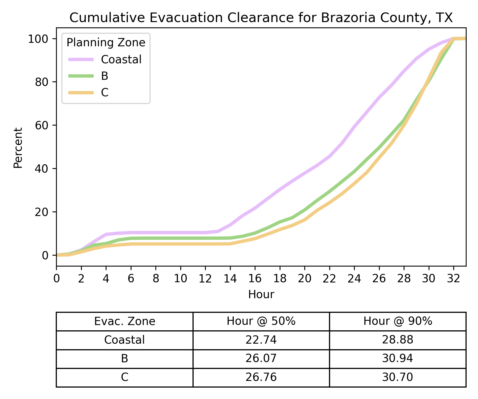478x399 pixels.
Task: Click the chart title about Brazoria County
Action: pyautogui.click(x=261, y=18)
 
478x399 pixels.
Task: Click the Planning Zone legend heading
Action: pyautogui.click(x=106, y=43)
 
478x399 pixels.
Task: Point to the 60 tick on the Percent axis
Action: pyautogui.click(x=42, y=125)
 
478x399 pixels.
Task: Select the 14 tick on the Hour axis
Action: pyautogui.click(x=230, y=279)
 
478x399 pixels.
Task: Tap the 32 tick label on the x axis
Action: pyautogui.click(x=454, y=279)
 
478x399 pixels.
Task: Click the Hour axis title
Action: pyautogui.click(x=261, y=295)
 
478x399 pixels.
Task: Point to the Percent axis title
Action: pyautogui.click(x=18, y=148)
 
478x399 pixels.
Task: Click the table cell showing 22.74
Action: pyautogui.click(x=261, y=340)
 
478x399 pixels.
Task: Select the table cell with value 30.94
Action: pyautogui.click(x=398, y=359)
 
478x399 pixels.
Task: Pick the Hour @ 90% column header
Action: pyautogui.click(x=398, y=321)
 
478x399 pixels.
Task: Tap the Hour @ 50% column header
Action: pyautogui.click(x=261, y=321)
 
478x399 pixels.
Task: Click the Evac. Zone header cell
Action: pyautogui.click(x=125, y=321)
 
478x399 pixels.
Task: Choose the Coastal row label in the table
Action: pyautogui.click(x=125, y=340)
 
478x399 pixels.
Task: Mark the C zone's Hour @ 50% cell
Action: pyautogui.click(x=261, y=377)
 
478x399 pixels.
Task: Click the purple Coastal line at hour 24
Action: pyautogui.click(x=354, y=127)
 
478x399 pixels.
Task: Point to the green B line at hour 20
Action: pyautogui.click(x=305, y=210)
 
